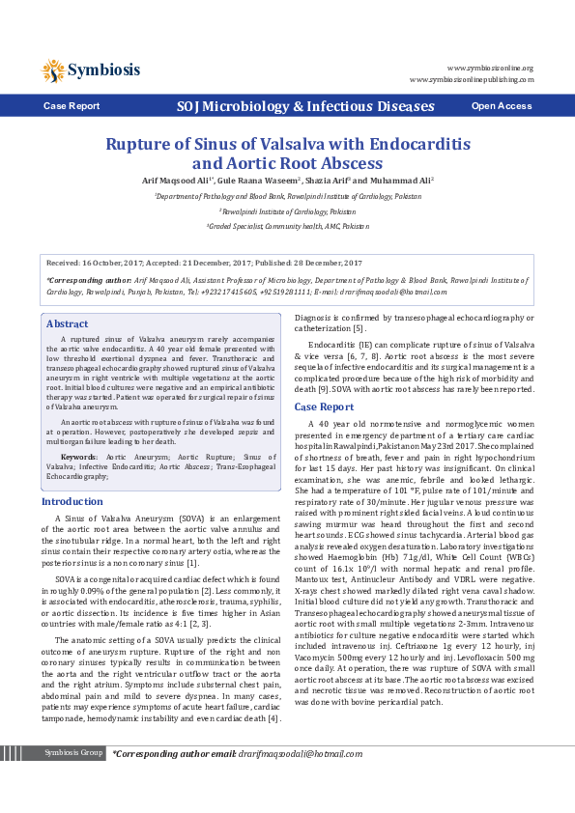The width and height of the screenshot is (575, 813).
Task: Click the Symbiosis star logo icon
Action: (53, 70)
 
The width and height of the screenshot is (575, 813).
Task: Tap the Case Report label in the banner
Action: (71, 106)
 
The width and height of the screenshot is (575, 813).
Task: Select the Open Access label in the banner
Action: (502, 106)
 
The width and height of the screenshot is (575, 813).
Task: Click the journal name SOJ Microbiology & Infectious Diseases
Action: (291, 106)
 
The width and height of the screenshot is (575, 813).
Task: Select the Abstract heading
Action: (67, 324)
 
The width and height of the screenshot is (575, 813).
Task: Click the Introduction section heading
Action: (72, 502)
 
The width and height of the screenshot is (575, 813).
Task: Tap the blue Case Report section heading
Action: (324, 406)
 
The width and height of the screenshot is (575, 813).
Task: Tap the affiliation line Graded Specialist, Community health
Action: (288, 225)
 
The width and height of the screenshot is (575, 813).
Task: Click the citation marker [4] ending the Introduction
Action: (274, 718)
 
